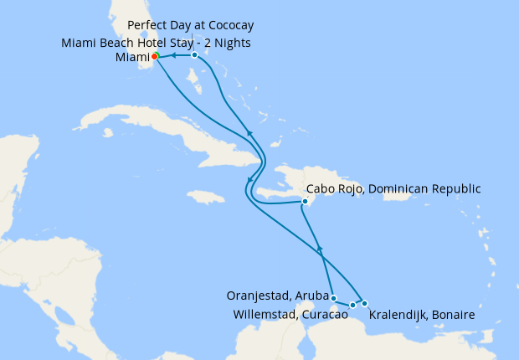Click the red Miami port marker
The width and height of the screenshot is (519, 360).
point(156,57)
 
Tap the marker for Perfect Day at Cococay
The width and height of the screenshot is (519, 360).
point(194,54)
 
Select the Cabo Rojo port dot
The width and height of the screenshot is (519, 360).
point(306,202)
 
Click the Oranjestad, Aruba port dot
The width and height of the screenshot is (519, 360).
point(333,298)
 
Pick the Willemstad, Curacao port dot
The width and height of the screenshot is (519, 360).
point(352,305)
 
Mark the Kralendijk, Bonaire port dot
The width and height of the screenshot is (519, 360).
point(364,302)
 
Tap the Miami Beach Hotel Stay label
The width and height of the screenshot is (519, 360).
point(156,43)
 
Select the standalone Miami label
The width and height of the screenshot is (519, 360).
point(132,57)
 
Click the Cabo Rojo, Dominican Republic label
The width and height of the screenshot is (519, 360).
point(394,189)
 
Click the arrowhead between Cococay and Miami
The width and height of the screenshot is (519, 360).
point(172,56)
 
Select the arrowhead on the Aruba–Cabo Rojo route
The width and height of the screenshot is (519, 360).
point(319,249)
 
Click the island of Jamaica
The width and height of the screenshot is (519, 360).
point(207,198)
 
